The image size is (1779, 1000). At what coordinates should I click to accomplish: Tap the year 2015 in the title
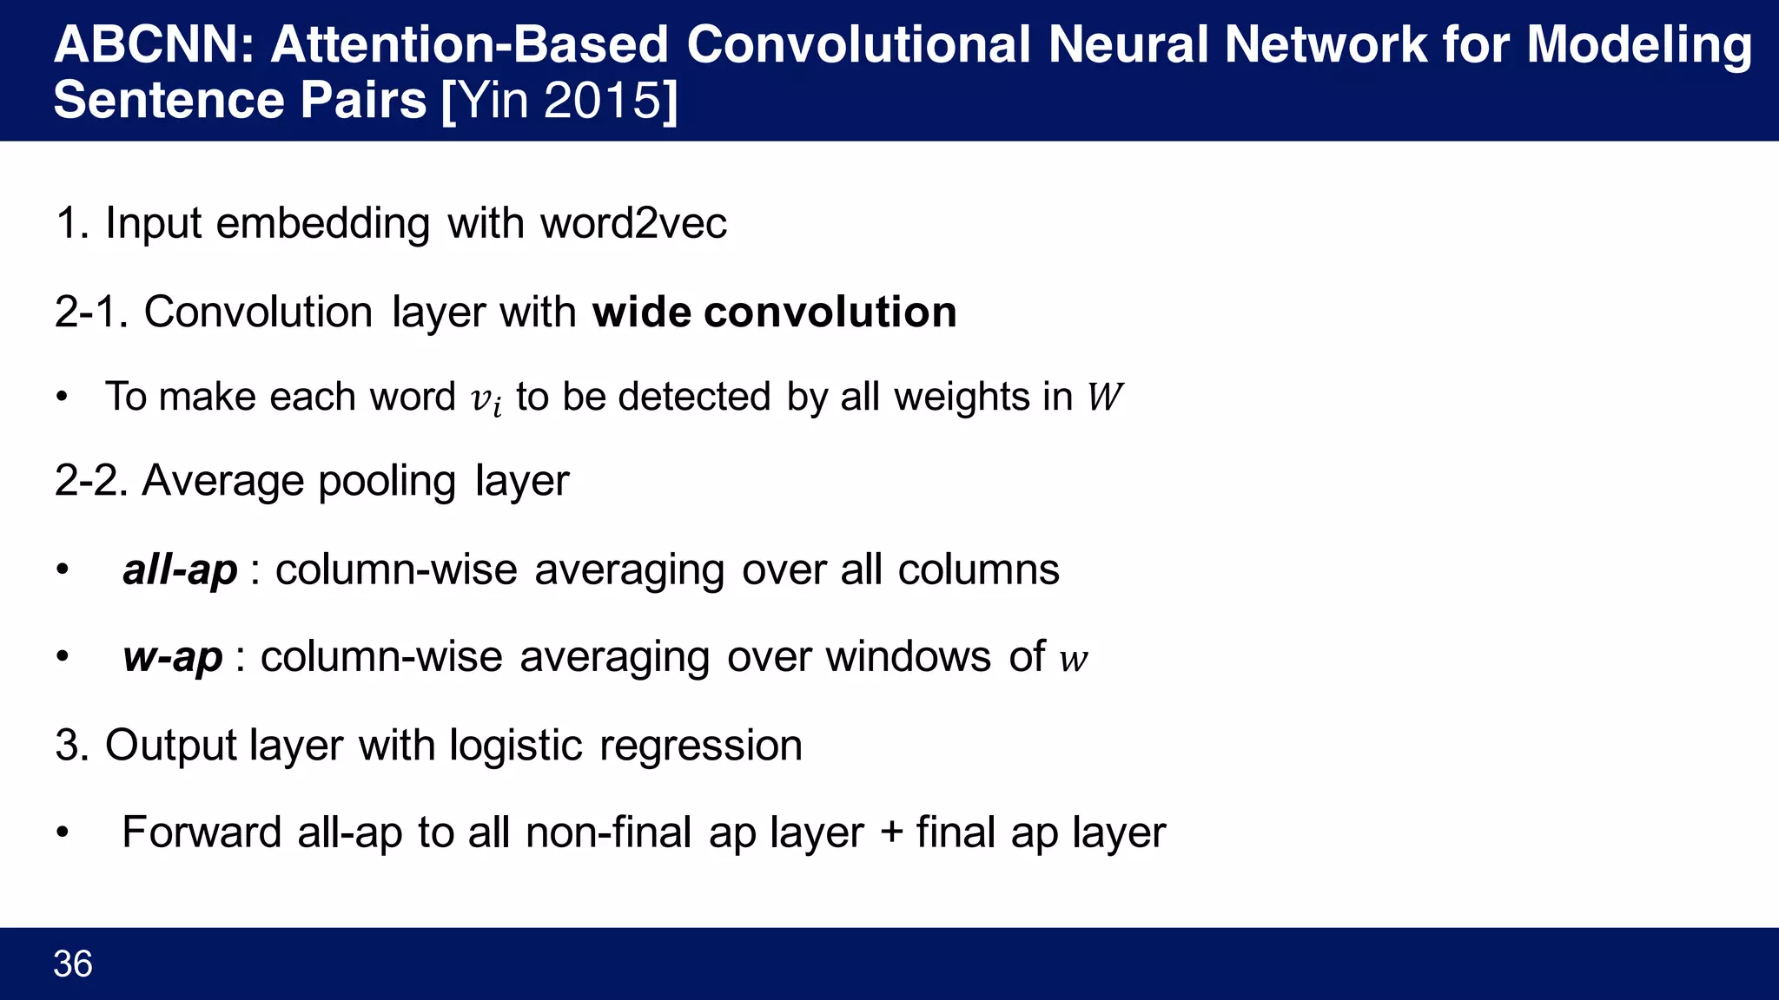(x=603, y=100)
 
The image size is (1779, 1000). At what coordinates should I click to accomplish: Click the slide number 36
(x=73, y=964)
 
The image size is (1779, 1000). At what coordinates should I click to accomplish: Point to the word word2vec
(x=633, y=223)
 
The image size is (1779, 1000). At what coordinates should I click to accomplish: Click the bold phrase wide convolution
(x=774, y=312)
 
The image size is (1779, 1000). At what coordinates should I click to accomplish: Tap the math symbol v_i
(x=486, y=399)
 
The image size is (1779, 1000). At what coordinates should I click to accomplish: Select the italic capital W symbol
(x=1104, y=397)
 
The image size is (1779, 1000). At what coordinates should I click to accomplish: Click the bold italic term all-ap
(x=180, y=570)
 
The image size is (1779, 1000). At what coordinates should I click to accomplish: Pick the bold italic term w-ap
(x=172, y=657)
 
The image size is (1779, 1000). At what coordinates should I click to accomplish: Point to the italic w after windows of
(x=1074, y=659)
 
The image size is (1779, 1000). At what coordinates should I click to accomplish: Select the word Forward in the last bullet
(x=202, y=832)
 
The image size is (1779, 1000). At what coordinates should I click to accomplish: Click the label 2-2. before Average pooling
(x=91, y=481)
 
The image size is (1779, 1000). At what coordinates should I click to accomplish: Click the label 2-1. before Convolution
(x=91, y=312)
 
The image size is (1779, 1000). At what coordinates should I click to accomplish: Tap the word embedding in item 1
(x=322, y=223)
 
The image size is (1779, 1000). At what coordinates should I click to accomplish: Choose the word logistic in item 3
(x=516, y=746)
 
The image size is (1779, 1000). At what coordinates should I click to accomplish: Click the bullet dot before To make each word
(x=62, y=398)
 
